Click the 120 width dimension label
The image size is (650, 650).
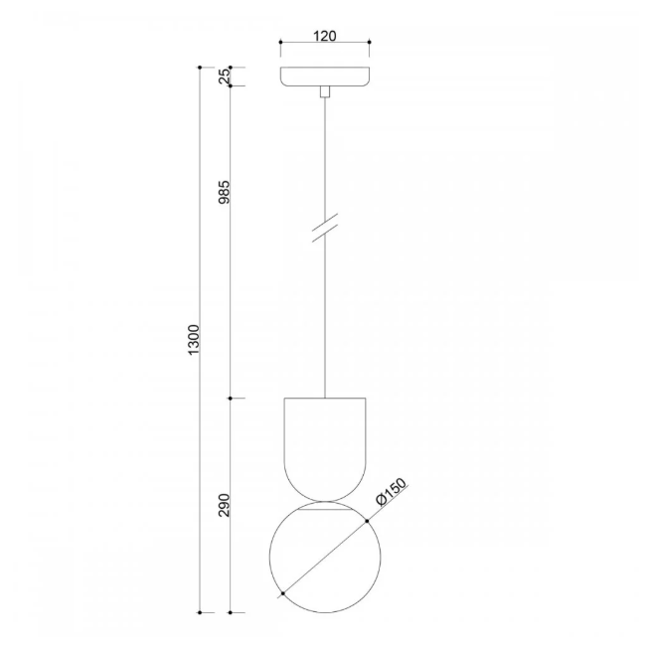point(325,36)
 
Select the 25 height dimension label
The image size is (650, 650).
point(224,77)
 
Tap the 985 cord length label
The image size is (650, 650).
point(224,192)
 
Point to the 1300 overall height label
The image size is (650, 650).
point(194,340)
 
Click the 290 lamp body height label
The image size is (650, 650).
point(224,505)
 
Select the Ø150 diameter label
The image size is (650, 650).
point(392,492)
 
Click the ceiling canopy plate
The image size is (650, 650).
point(325,77)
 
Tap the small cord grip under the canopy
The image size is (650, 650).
point(325,91)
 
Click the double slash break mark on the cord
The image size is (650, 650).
point(325,228)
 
